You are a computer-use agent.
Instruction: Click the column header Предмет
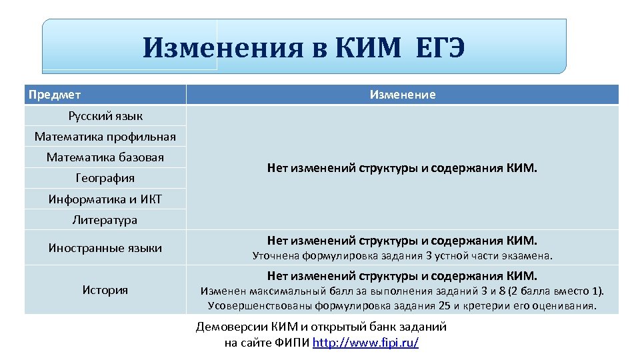(x=55, y=95)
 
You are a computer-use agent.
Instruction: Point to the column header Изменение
(x=403, y=95)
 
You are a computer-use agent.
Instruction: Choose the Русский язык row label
(x=105, y=116)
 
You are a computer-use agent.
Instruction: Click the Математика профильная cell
(x=105, y=137)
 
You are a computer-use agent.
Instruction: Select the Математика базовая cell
(x=105, y=157)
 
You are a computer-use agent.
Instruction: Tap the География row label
(x=105, y=178)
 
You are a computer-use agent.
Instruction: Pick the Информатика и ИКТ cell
(x=105, y=199)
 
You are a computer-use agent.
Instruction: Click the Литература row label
(x=105, y=219)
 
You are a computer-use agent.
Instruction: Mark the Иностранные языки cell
(x=105, y=248)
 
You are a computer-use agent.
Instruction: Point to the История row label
(x=105, y=289)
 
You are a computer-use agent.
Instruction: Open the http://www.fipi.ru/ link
(x=365, y=343)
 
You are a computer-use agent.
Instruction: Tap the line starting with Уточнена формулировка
(x=402, y=255)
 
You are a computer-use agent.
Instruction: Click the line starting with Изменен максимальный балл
(x=402, y=291)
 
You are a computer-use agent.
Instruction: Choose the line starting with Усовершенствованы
(x=402, y=305)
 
